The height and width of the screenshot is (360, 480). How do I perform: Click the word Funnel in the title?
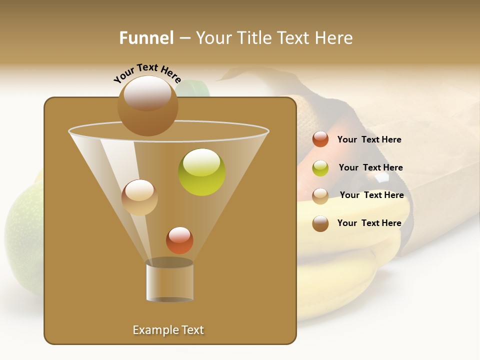(146, 38)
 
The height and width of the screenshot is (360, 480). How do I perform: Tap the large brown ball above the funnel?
(147, 105)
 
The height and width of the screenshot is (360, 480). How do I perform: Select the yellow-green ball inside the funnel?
(202, 172)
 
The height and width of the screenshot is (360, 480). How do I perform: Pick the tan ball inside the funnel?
(139, 197)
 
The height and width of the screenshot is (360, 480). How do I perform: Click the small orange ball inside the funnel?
(179, 240)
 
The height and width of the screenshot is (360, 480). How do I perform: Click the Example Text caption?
(168, 330)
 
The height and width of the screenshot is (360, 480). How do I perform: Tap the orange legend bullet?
(320, 139)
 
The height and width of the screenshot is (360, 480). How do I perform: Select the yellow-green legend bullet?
(320, 168)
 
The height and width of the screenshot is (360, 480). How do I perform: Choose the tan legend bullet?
(320, 196)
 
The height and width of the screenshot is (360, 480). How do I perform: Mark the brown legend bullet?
(320, 223)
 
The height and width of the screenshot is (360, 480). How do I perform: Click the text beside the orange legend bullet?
(369, 139)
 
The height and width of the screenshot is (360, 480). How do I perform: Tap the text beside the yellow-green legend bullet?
(370, 167)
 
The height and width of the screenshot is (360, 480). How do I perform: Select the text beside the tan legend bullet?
(371, 195)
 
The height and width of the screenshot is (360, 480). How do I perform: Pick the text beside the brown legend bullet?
(369, 223)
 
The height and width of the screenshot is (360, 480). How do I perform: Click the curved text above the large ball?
(147, 73)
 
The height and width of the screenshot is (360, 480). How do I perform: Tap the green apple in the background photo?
(22, 235)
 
